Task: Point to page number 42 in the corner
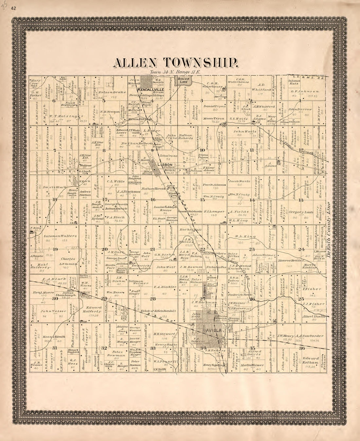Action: coord(14,8)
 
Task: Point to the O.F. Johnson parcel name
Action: coord(305,91)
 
